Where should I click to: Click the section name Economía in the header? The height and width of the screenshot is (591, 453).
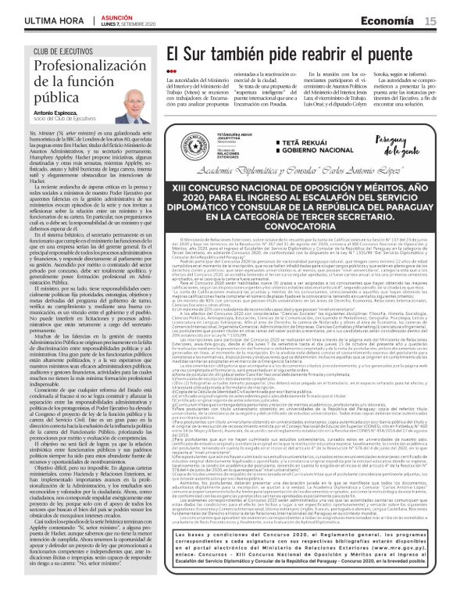coord(392,21)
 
